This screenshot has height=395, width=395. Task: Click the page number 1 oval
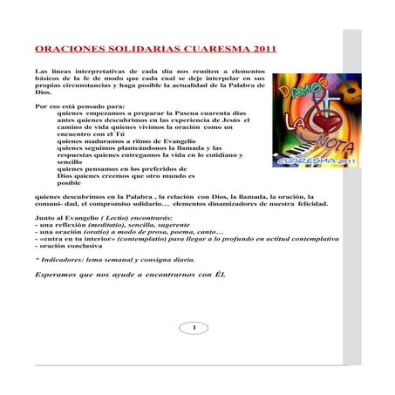pyautogui.click(x=193, y=328)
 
